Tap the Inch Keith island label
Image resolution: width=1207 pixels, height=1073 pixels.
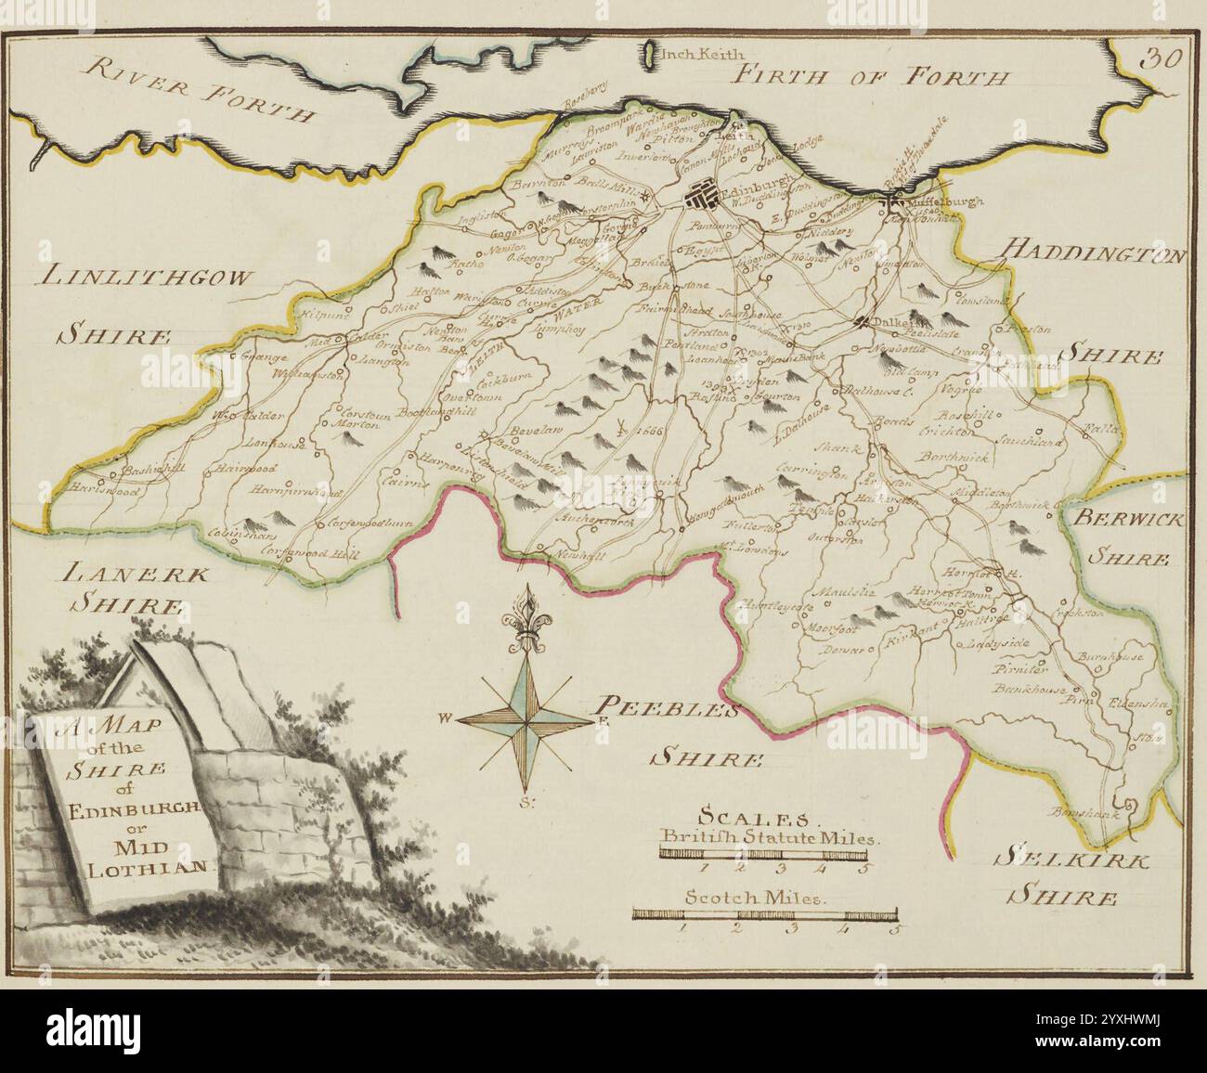point(695,54)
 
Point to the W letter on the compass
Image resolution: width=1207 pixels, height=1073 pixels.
point(447,717)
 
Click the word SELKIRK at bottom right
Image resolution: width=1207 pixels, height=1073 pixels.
point(1069,858)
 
